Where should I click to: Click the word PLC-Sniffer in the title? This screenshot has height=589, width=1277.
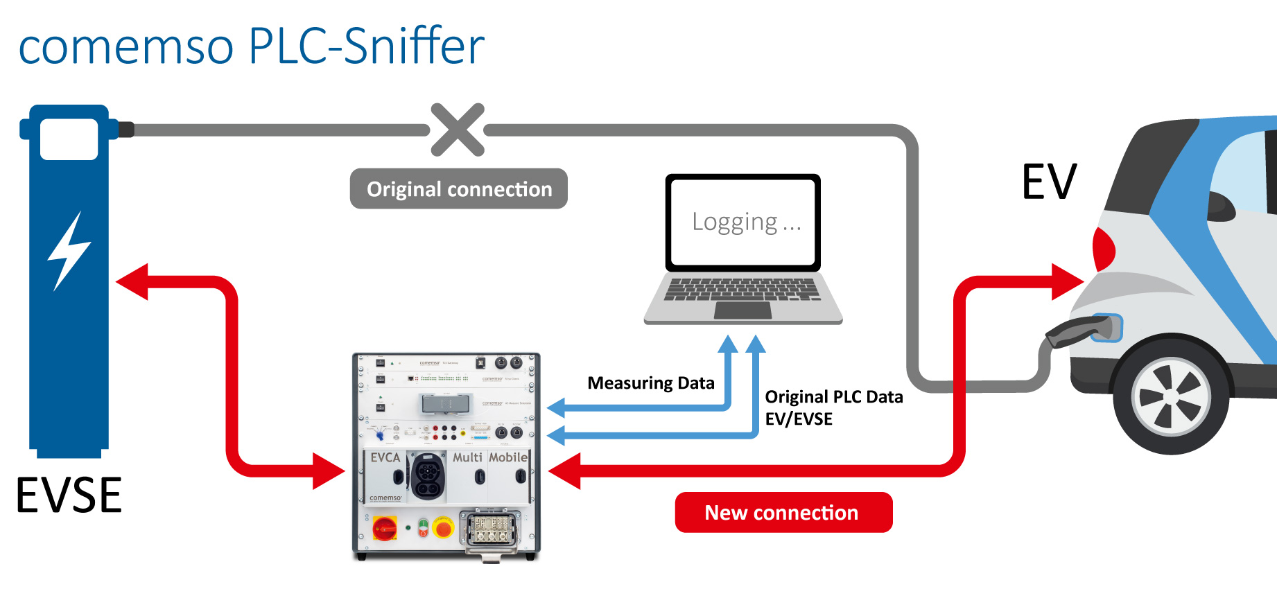coord(366,46)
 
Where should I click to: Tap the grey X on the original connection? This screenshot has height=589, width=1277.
coord(458,130)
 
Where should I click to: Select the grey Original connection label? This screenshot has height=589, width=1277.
coord(459,189)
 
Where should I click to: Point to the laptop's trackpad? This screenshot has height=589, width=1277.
coord(742,310)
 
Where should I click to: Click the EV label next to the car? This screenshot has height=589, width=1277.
coord(1049,182)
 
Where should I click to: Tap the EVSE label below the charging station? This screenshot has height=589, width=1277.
coord(69,495)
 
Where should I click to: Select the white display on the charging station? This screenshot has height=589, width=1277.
coord(69,139)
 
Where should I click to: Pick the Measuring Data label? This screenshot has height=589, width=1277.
coord(650,383)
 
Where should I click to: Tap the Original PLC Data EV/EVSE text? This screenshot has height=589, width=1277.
coord(833,407)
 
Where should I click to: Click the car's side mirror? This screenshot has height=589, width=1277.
coord(1220,205)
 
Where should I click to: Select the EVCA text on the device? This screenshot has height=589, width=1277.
coord(385,457)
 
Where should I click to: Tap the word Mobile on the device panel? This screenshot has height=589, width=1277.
coord(507,457)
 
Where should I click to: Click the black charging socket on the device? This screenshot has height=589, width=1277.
coord(428,476)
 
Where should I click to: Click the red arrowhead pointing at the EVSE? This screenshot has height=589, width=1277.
coord(132,281)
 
